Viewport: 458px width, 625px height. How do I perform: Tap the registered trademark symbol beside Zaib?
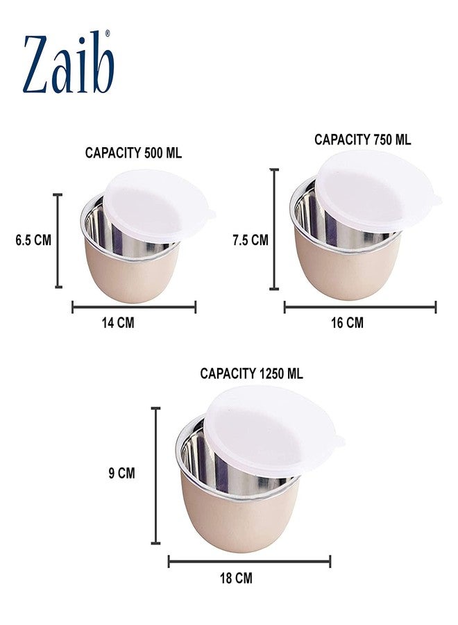tap(107, 33)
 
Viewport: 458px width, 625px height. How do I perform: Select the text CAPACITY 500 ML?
tap(133, 153)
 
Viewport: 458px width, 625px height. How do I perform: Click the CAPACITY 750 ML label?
tap(362, 140)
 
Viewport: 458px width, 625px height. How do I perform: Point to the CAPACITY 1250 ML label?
tap(251, 374)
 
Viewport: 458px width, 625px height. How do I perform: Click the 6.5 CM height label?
tap(33, 240)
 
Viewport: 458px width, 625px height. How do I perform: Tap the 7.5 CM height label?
tap(251, 240)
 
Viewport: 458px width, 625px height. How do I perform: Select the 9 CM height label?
tap(122, 474)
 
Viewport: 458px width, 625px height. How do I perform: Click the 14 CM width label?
tap(118, 322)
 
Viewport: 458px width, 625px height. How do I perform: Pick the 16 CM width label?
tap(347, 322)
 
